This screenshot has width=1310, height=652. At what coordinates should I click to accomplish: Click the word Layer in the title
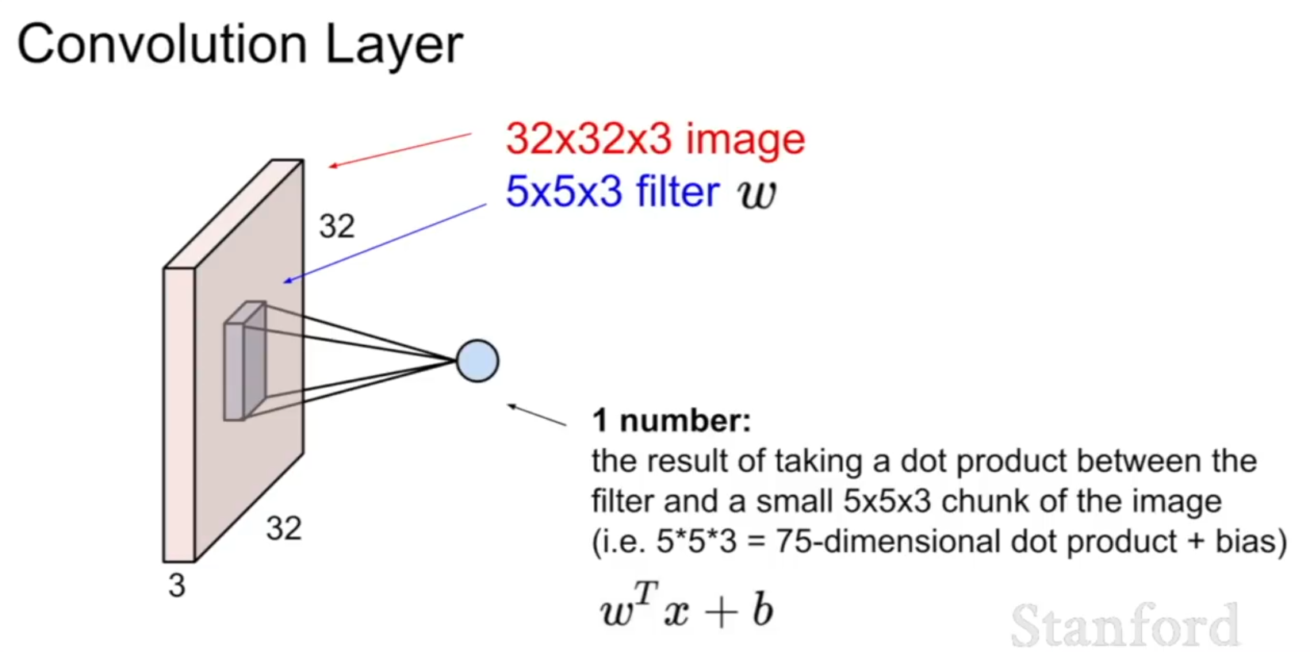coord(394,47)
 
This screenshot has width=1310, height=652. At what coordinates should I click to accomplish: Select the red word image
coord(745,140)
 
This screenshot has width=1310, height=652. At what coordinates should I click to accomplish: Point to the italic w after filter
coord(757,194)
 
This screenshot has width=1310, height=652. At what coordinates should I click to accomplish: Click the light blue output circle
coord(478,361)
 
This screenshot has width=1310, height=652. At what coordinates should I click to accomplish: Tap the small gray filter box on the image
coord(245,361)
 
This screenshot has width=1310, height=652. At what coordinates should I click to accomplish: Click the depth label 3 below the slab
coord(177,585)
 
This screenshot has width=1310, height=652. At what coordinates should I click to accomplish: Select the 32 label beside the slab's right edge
coord(337,226)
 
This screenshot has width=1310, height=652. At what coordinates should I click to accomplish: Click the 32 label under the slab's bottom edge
coord(284,528)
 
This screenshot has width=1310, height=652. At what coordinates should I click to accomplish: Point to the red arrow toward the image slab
coord(400,150)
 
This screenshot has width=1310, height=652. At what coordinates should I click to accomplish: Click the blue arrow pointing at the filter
coord(385,244)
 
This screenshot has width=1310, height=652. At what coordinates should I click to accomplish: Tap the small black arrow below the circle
coord(537,415)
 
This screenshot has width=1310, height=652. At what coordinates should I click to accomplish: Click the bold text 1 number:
coord(672,420)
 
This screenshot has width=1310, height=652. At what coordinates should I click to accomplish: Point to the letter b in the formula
coord(763,610)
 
